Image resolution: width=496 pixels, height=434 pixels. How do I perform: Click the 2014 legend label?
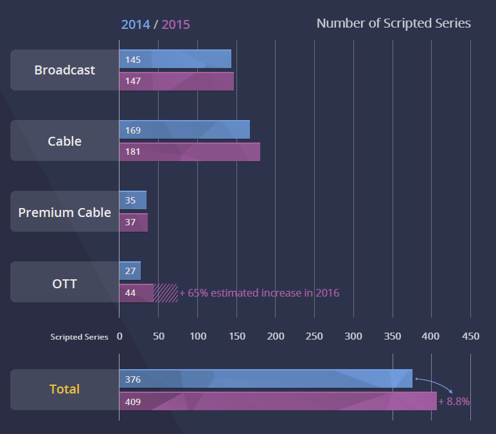[x=135, y=24]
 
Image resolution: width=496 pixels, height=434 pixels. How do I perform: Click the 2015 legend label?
[x=175, y=24]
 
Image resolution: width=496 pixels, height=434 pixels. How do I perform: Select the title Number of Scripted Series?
[x=393, y=24]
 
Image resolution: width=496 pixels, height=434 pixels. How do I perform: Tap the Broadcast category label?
[x=64, y=70]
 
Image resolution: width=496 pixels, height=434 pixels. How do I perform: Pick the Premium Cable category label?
[x=64, y=212]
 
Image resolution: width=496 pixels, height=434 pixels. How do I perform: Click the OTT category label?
[x=64, y=282]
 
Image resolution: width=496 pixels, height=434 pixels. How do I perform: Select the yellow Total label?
[x=64, y=389]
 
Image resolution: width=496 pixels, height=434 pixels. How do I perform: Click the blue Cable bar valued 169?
[x=184, y=130]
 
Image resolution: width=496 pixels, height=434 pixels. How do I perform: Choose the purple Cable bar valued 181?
[x=190, y=152]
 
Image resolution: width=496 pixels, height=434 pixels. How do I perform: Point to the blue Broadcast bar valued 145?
[x=175, y=59]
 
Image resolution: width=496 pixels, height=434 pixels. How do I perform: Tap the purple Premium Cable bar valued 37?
[x=134, y=223]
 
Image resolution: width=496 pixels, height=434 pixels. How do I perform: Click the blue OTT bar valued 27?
[x=130, y=270]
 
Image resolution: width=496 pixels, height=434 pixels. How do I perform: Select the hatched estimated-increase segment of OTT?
[x=166, y=293]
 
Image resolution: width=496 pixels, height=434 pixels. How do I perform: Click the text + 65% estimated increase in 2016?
[x=259, y=293]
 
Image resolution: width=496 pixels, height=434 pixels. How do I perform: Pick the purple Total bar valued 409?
[x=278, y=401]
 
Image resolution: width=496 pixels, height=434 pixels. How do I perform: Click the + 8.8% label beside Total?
[x=454, y=401]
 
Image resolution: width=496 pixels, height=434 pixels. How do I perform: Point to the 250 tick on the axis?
[x=314, y=336]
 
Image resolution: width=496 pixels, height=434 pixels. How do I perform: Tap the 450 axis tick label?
[x=470, y=336]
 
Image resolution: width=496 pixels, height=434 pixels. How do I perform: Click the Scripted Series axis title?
[x=80, y=337]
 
